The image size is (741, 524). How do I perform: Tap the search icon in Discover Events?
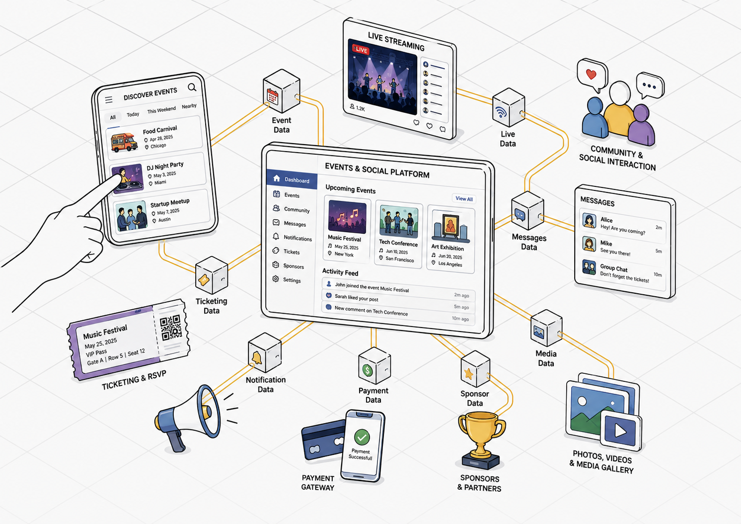pyautogui.click(x=192, y=87)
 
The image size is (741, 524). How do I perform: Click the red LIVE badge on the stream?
pyautogui.click(x=361, y=49)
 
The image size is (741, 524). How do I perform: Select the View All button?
pyautogui.click(x=464, y=198)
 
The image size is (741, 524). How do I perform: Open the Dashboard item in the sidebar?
pyautogui.click(x=292, y=179)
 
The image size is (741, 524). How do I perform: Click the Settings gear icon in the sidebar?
pyautogui.click(x=276, y=278)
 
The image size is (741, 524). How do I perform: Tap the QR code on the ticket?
pyautogui.click(x=171, y=328)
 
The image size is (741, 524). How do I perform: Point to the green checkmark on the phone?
pyautogui.click(x=362, y=437)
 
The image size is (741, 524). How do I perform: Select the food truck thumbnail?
pyautogui.click(x=124, y=142)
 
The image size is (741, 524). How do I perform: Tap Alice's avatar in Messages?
pyautogui.click(x=589, y=220)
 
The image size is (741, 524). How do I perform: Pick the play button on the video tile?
pyautogui.click(x=620, y=431)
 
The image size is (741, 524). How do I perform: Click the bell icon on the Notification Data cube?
pyautogui.click(x=256, y=358)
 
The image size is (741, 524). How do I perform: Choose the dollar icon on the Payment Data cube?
pyautogui.click(x=367, y=370)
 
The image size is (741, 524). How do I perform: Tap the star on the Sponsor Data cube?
pyautogui.click(x=468, y=374)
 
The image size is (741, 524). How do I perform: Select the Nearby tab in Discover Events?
pyautogui.click(x=189, y=106)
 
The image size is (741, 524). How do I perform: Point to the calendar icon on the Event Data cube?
pyautogui.click(x=273, y=97)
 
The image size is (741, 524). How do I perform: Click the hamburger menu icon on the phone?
pyautogui.click(x=109, y=99)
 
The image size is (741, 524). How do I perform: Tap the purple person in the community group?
pyautogui.click(x=641, y=125)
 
